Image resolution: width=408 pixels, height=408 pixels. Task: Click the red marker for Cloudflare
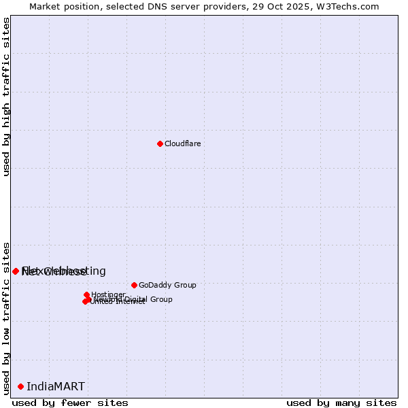[x=160, y=143]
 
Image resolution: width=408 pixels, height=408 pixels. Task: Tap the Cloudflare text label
[x=182, y=143]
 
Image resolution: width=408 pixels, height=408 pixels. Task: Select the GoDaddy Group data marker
[x=134, y=285]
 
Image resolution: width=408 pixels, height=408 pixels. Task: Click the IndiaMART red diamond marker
[x=20, y=386]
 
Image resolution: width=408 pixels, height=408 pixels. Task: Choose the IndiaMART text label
[x=56, y=386]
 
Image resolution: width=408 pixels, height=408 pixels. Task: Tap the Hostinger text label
[x=108, y=294]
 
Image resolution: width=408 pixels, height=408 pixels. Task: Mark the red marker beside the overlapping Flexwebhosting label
[x=16, y=271]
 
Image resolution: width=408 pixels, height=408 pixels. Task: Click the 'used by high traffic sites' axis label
[x=6, y=97]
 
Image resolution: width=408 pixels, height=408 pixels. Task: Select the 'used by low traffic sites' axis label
[x=6, y=318]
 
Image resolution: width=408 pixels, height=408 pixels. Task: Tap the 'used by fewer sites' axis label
[x=70, y=403]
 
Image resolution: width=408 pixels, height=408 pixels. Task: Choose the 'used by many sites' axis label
[x=341, y=403]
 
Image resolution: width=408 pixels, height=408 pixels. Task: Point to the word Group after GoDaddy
[x=184, y=285]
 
